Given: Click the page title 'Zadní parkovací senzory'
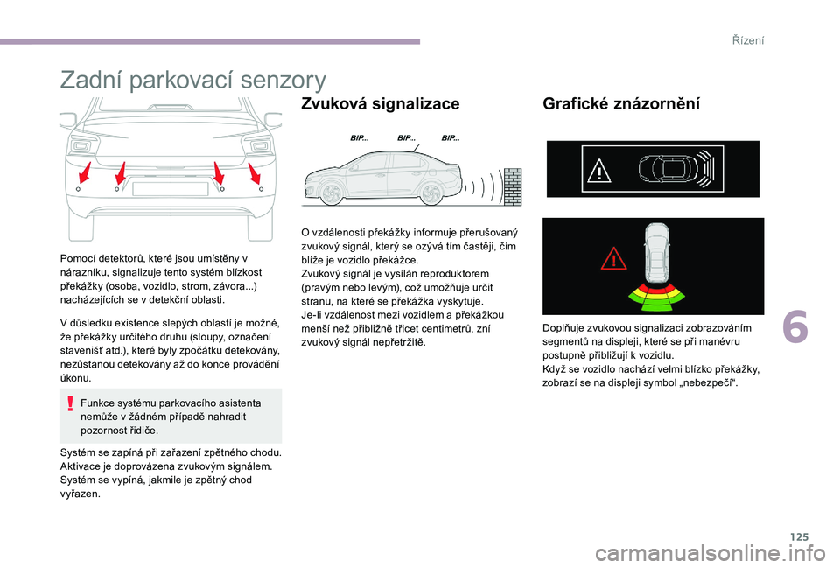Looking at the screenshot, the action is click(192, 81).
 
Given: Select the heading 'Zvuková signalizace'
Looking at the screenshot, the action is click(381, 103).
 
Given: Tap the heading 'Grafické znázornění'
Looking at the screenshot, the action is click(621, 103).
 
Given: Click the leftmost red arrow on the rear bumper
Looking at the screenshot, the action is click(85, 172).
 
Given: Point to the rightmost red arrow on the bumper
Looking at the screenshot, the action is click(254, 173).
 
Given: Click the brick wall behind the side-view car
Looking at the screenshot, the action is click(513, 186).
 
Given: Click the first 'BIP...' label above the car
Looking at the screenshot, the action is click(360, 137).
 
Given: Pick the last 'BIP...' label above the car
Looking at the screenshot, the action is click(451, 137).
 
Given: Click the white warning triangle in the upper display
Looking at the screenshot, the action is click(599, 171).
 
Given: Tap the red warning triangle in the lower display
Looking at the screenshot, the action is click(614, 258).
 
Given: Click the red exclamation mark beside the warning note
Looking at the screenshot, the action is click(70, 403).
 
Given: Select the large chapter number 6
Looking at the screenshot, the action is click(795, 326).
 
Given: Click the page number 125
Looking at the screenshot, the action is click(799, 536).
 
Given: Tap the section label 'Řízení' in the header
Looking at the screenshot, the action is click(748, 40).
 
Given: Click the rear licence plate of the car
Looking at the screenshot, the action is click(171, 189).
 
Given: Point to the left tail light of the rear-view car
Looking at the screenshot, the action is click(84, 144).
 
